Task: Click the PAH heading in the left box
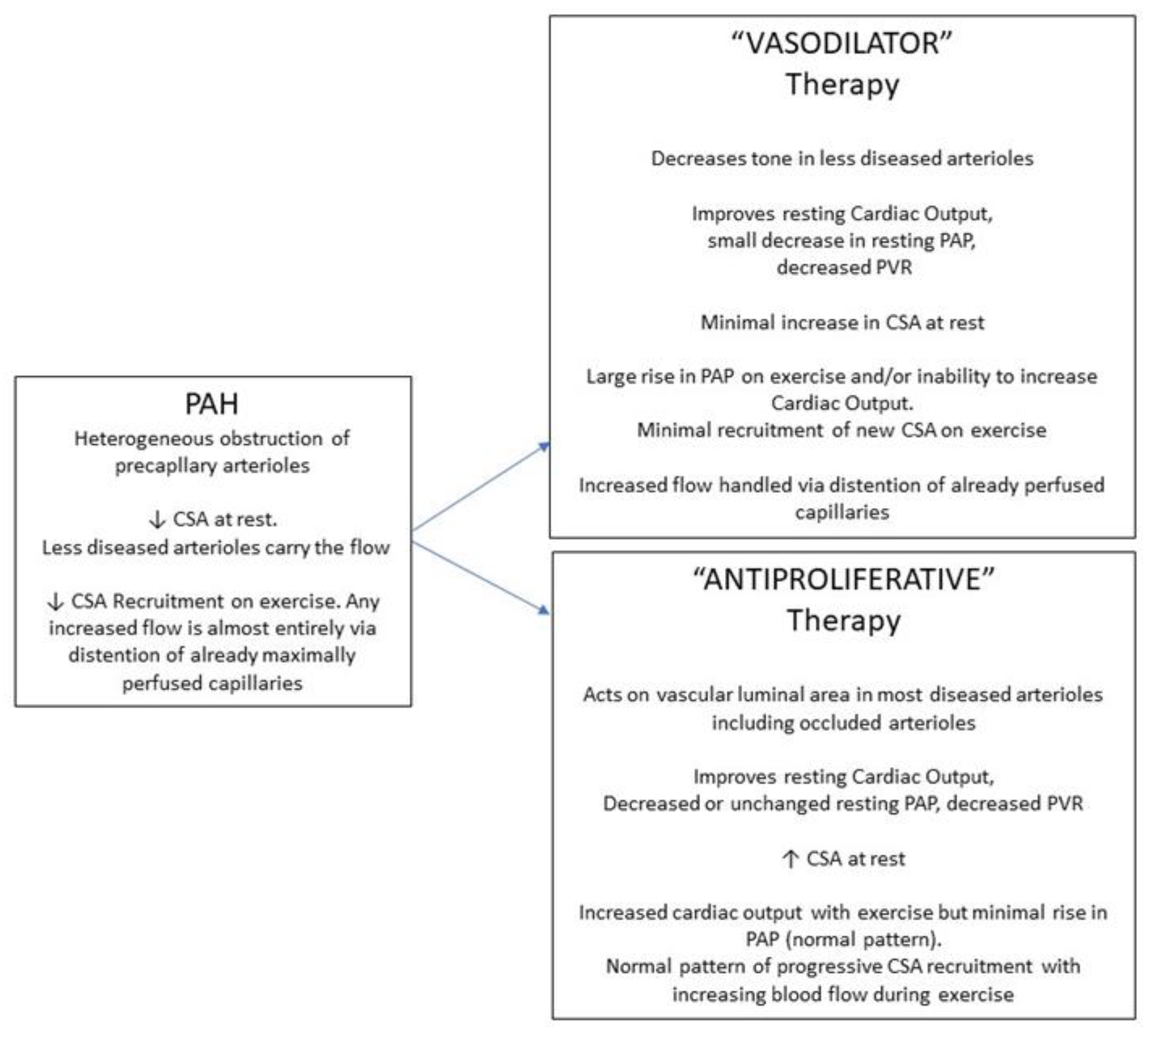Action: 211,403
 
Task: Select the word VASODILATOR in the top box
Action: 842,44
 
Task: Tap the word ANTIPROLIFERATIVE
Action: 843,579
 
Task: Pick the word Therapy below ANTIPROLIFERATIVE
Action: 844,621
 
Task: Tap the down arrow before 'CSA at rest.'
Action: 156,520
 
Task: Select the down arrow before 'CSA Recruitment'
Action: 55,601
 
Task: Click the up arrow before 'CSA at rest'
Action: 790,859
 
